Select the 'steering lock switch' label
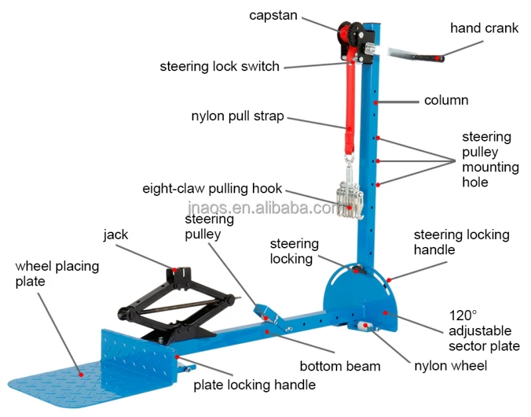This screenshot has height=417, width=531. pyautogui.click(x=220, y=66)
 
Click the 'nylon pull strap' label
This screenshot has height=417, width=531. pyautogui.click(x=238, y=116)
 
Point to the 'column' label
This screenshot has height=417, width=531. pyautogui.click(x=446, y=101)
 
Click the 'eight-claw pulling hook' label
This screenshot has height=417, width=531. pyautogui.click(x=212, y=188)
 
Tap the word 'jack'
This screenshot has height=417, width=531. pyautogui.click(x=115, y=235)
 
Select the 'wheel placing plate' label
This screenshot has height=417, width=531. pyautogui.click(x=57, y=274)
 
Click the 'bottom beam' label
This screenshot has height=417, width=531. pyautogui.click(x=340, y=366)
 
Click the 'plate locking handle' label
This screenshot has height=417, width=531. pyautogui.click(x=254, y=384)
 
